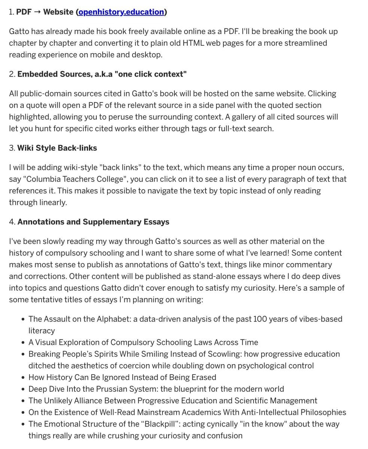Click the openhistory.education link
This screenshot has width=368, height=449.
tap(121, 12)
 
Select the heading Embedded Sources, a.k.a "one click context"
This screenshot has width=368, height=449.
tap(102, 74)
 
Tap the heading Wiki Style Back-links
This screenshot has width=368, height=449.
tap(57, 148)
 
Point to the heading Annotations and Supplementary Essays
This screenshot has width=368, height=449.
tap(93, 222)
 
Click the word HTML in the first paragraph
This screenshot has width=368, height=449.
tap(194, 43)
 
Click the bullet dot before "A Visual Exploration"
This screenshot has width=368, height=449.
tap(23, 343)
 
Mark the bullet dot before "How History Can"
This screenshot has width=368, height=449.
tap(23, 378)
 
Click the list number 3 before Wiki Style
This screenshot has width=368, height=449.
tap(11, 148)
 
